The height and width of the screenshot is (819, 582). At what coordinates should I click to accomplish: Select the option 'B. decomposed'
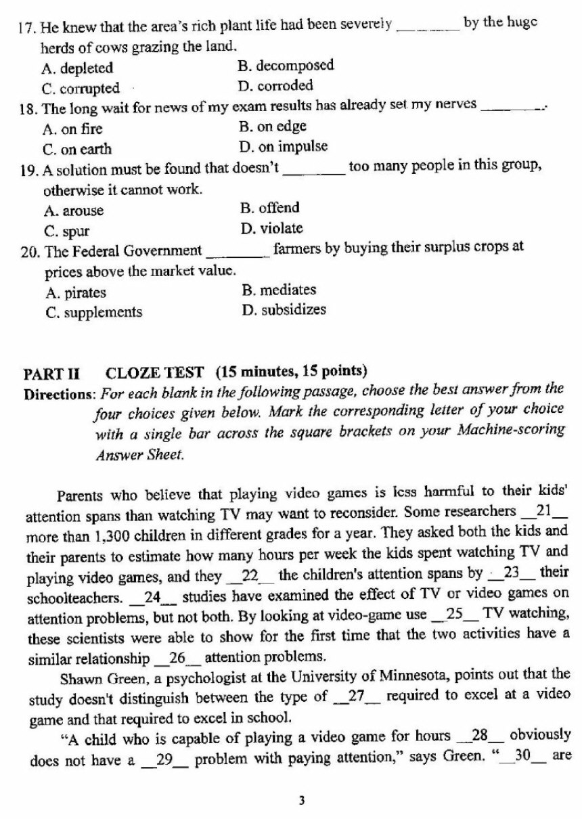point(286,66)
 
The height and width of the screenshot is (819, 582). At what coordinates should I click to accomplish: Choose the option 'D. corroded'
point(275,86)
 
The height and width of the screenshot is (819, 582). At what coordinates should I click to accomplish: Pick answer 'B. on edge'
point(273,127)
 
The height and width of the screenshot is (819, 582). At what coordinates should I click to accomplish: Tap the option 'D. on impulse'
point(283,147)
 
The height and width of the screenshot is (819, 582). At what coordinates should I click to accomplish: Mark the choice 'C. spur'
point(66,230)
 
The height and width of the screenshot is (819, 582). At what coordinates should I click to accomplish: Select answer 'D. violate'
point(271,228)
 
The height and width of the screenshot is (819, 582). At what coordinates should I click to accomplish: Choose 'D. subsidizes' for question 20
point(283,310)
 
